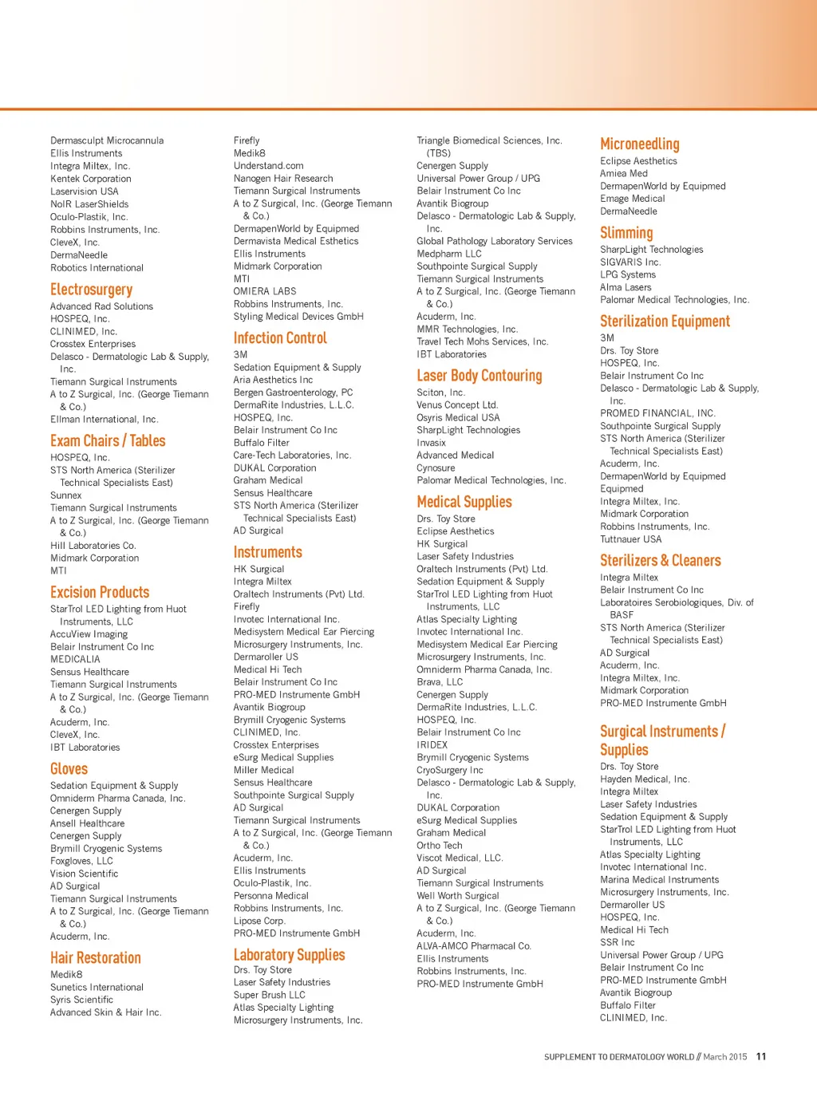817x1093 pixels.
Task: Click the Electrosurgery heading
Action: (x=91, y=290)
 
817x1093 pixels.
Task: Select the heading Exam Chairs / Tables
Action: (x=108, y=441)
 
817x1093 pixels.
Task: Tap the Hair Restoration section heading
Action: (x=95, y=958)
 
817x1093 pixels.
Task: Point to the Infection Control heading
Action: (x=280, y=338)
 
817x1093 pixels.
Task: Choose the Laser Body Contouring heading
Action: (x=479, y=376)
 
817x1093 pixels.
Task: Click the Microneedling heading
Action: (x=639, y=144)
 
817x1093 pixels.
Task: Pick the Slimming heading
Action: (x=626, y=233)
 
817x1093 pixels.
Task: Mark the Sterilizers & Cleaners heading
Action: (x=660, y=561)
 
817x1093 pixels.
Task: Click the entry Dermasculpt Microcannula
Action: (x=107, y=140)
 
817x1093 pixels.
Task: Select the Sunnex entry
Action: (x=66, y=495)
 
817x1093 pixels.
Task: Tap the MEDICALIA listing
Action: (x=75, y=660)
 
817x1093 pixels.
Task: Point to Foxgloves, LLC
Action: (x=81, y=861)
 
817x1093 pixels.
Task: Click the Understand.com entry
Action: (x=268, y=166)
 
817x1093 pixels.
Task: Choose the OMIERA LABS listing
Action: (x=264, y=291)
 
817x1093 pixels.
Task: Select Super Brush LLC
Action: (x=269, y=995)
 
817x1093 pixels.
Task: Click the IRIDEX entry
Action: (x=432, y=745)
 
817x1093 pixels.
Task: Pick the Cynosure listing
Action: (x=436, y=468)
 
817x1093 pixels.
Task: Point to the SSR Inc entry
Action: (x=618, y=942)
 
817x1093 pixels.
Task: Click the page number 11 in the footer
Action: (x=761, y=1056)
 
